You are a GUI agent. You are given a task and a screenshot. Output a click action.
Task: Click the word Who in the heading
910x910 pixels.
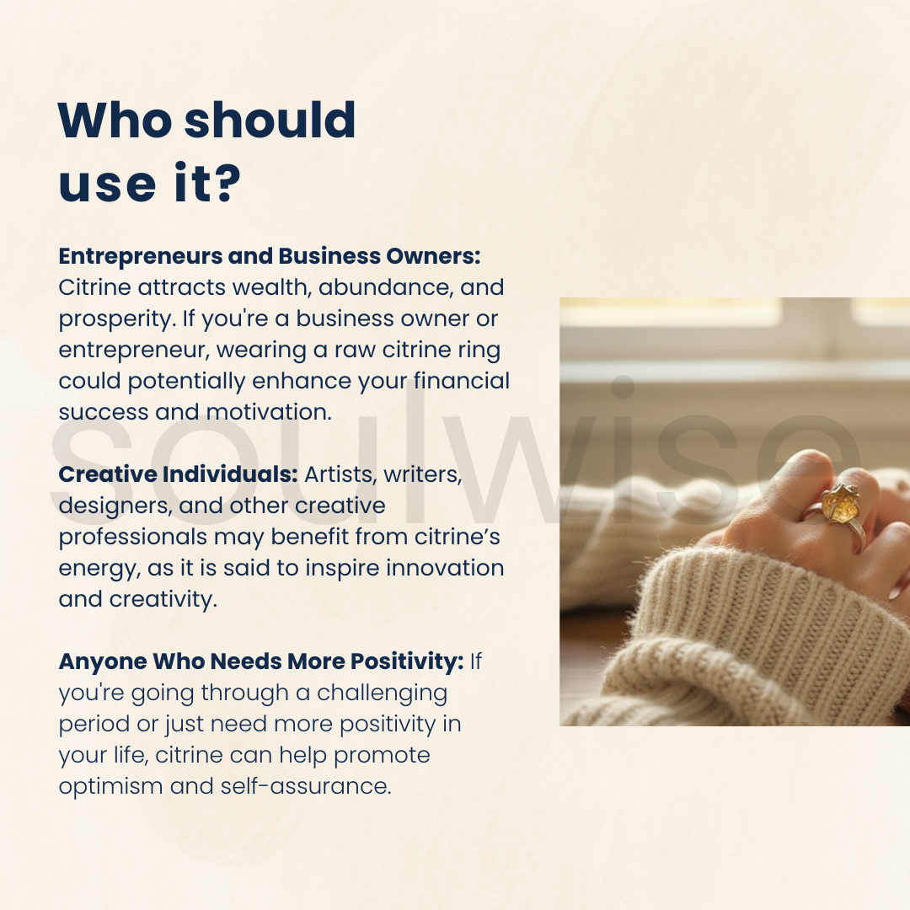115,120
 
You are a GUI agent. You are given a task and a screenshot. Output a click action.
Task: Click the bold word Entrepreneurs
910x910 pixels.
140,256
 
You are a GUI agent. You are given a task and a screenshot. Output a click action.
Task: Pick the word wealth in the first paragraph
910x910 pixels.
272,287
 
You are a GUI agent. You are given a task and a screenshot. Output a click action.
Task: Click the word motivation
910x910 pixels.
269,412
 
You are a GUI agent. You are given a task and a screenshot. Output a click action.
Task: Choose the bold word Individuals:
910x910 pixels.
230,474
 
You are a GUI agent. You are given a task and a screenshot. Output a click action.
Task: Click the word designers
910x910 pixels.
115,506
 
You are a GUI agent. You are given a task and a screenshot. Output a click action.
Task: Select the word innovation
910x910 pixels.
445,568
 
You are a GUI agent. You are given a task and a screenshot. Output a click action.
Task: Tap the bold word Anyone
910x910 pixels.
103,662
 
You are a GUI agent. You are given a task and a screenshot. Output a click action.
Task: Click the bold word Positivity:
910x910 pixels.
407,661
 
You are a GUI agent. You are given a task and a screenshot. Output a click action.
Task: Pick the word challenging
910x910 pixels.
382,693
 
